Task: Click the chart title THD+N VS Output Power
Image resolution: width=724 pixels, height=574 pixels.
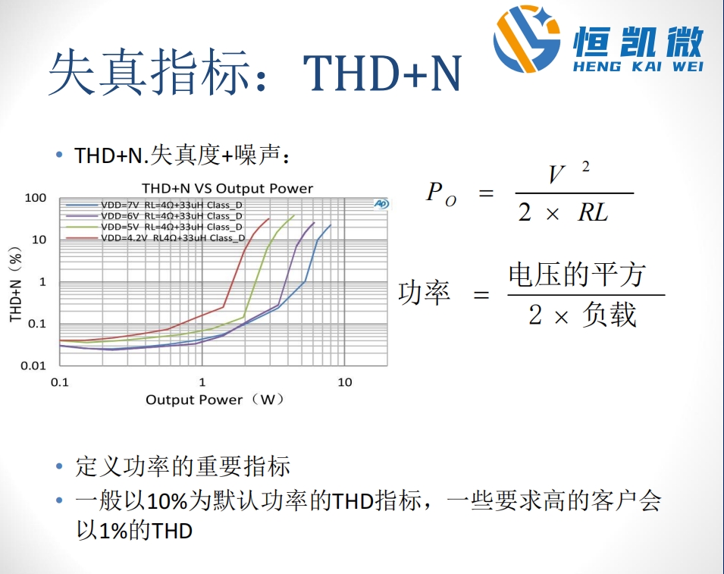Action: pos(227,188)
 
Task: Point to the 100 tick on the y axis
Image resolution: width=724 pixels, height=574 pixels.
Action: pos(36,198)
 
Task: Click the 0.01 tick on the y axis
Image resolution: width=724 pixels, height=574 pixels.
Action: pos(33,365)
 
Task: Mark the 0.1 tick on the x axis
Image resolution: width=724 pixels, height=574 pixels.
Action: pos(59,382)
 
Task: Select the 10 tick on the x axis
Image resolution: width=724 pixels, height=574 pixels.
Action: pos(344,382)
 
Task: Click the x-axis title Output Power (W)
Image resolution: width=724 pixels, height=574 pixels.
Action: pos(215,400)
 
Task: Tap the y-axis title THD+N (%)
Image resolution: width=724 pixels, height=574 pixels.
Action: pos(16,284)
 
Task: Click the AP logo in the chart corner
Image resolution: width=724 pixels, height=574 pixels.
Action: pos(381,204)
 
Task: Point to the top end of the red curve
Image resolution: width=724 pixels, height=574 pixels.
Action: pos(268,218)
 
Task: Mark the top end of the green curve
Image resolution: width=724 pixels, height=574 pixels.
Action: pos(294,215)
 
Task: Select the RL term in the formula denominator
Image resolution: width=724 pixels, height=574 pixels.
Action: pos(593,213)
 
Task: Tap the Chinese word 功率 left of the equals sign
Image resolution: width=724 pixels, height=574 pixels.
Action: pos(424,293)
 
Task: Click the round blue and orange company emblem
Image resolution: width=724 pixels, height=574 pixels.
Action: pos(527,39)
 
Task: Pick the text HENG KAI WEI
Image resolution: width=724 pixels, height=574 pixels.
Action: pos(638,66)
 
